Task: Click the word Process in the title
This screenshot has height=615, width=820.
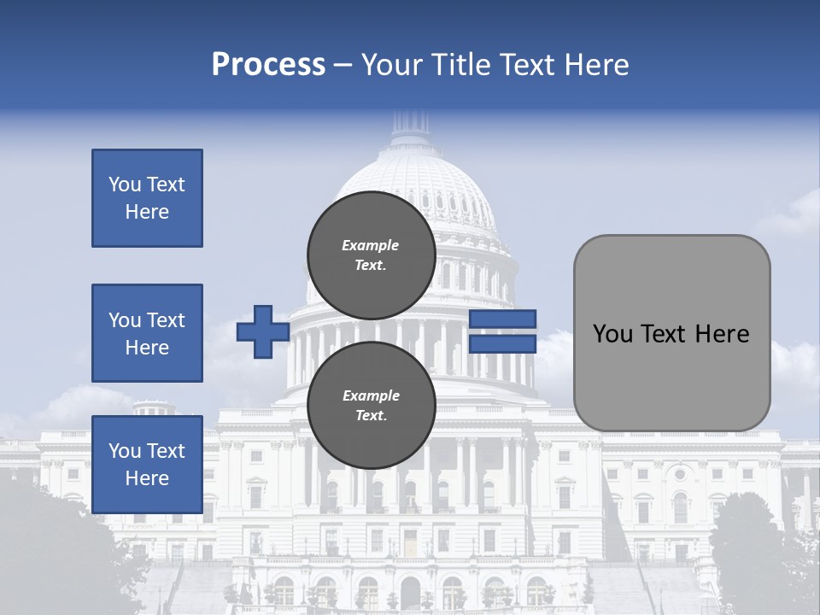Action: tap(268, 65)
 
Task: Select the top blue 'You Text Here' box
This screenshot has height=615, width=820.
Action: tap(147, 198)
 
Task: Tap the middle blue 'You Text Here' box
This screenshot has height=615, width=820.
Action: tap(147, 333)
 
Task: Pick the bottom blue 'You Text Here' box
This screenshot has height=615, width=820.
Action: tap(147, 465)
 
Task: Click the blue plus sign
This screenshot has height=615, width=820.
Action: tap(262, 331)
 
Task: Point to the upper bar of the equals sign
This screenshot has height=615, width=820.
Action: tap(502, 319)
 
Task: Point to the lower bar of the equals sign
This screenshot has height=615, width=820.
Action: tap(502, 343)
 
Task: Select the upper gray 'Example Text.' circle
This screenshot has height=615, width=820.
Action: tap(371, 255)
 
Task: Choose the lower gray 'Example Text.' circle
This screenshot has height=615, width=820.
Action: tap(371, 405)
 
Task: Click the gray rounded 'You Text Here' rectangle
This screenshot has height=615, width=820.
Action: tap(671, 332)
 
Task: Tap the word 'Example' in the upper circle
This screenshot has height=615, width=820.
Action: tap(371, 245)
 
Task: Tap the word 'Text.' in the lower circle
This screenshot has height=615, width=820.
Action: tap(371, 416)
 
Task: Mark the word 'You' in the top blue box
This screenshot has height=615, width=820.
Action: tap(125, 184)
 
